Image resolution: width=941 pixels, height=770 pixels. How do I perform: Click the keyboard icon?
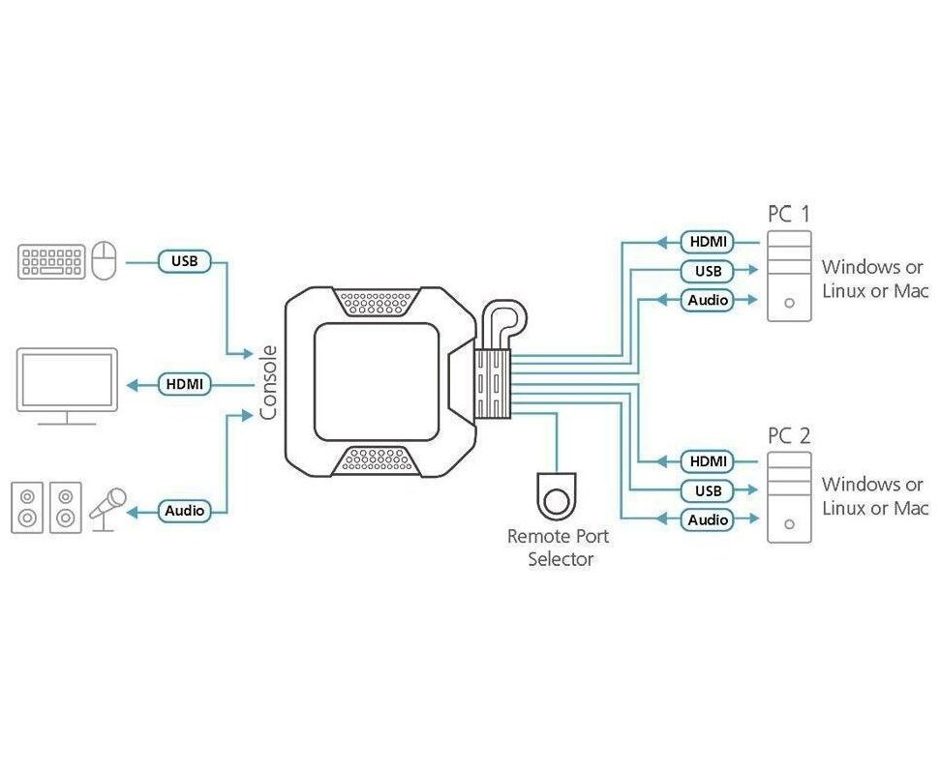click(x=51, y=261)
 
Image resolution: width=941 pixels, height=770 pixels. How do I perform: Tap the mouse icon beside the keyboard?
click(x=105, y=260)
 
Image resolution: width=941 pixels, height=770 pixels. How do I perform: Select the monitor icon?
click(x=67, y=385)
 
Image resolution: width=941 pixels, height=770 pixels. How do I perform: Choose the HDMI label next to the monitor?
click(x=184, y=384)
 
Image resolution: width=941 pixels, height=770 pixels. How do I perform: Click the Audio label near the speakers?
click(x=184, y=510)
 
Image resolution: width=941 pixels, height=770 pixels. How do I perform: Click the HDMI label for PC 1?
click(x=708, y=242)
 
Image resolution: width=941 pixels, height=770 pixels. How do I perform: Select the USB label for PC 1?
click(x=708, y=271)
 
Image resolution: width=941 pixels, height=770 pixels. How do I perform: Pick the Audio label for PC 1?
click(x=708, y=300)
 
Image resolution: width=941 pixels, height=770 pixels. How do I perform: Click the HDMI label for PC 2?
click(x=708, y=461)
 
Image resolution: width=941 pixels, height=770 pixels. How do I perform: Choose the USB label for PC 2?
click(x=708, y=490)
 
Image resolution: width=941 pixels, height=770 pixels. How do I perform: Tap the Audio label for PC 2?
click(x=708, y=519)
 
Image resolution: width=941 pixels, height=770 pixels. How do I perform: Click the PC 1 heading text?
click(x=789, y=213)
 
